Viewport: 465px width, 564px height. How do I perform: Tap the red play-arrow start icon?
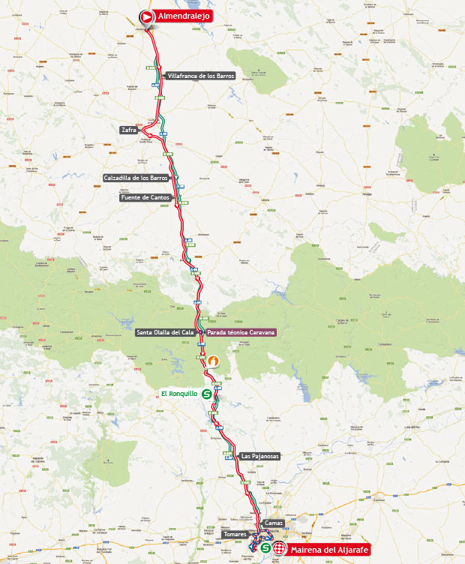[x=146, y=16]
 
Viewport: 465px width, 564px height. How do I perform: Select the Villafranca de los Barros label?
[x=201, y=76]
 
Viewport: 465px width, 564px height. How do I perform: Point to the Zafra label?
[x=128, y=130]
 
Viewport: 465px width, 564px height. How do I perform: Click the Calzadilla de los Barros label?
[x=136, y=178]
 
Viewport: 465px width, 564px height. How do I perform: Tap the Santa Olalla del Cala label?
[x=164, y=332]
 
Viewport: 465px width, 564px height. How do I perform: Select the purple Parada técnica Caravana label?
[x=241, y=332]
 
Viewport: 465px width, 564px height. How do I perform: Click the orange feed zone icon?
[x=213, y=361]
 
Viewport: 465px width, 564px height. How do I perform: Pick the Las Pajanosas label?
[x=259, y=456]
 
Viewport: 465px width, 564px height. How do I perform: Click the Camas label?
[x=274, y=523]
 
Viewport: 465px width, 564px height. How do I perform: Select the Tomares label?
[x=235, y=534]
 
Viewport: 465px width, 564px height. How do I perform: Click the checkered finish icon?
[x=279, y=549]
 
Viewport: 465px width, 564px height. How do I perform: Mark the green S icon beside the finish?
[x=265, y=549]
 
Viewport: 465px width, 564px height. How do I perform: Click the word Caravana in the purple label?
[x=258, y=332]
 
